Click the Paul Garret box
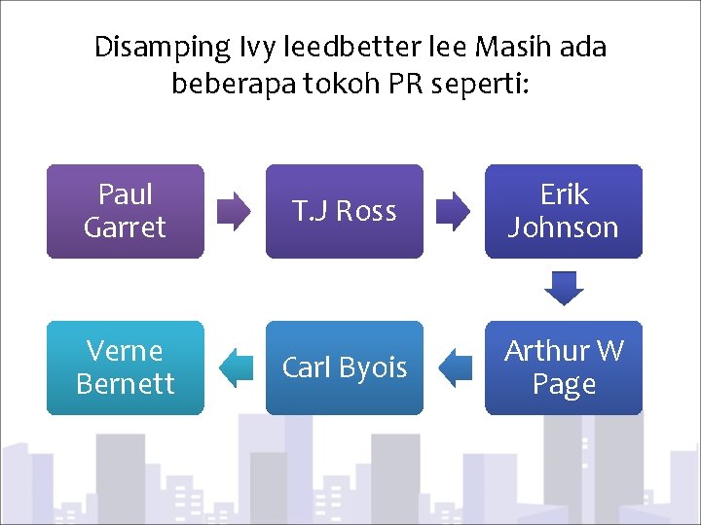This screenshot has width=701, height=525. coord(126,211)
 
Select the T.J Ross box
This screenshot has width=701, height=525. coord(345,211)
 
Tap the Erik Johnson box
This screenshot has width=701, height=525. coord(564,211)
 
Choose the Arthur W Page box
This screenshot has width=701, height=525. coord(564,367)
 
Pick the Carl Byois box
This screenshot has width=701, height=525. coord(345,367)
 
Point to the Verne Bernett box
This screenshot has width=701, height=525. coord(126,367)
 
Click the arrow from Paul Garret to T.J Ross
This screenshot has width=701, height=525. coord(234,211)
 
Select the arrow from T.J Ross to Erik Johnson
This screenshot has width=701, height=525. coord(453,211)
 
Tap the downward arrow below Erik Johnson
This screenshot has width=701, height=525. coord(564,289)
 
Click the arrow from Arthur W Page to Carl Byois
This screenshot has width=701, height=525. coord(455,367)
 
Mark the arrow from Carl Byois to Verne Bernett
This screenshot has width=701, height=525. coord(236,367)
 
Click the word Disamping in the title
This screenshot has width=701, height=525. coord(160,48)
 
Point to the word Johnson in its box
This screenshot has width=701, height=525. coord(564,227)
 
